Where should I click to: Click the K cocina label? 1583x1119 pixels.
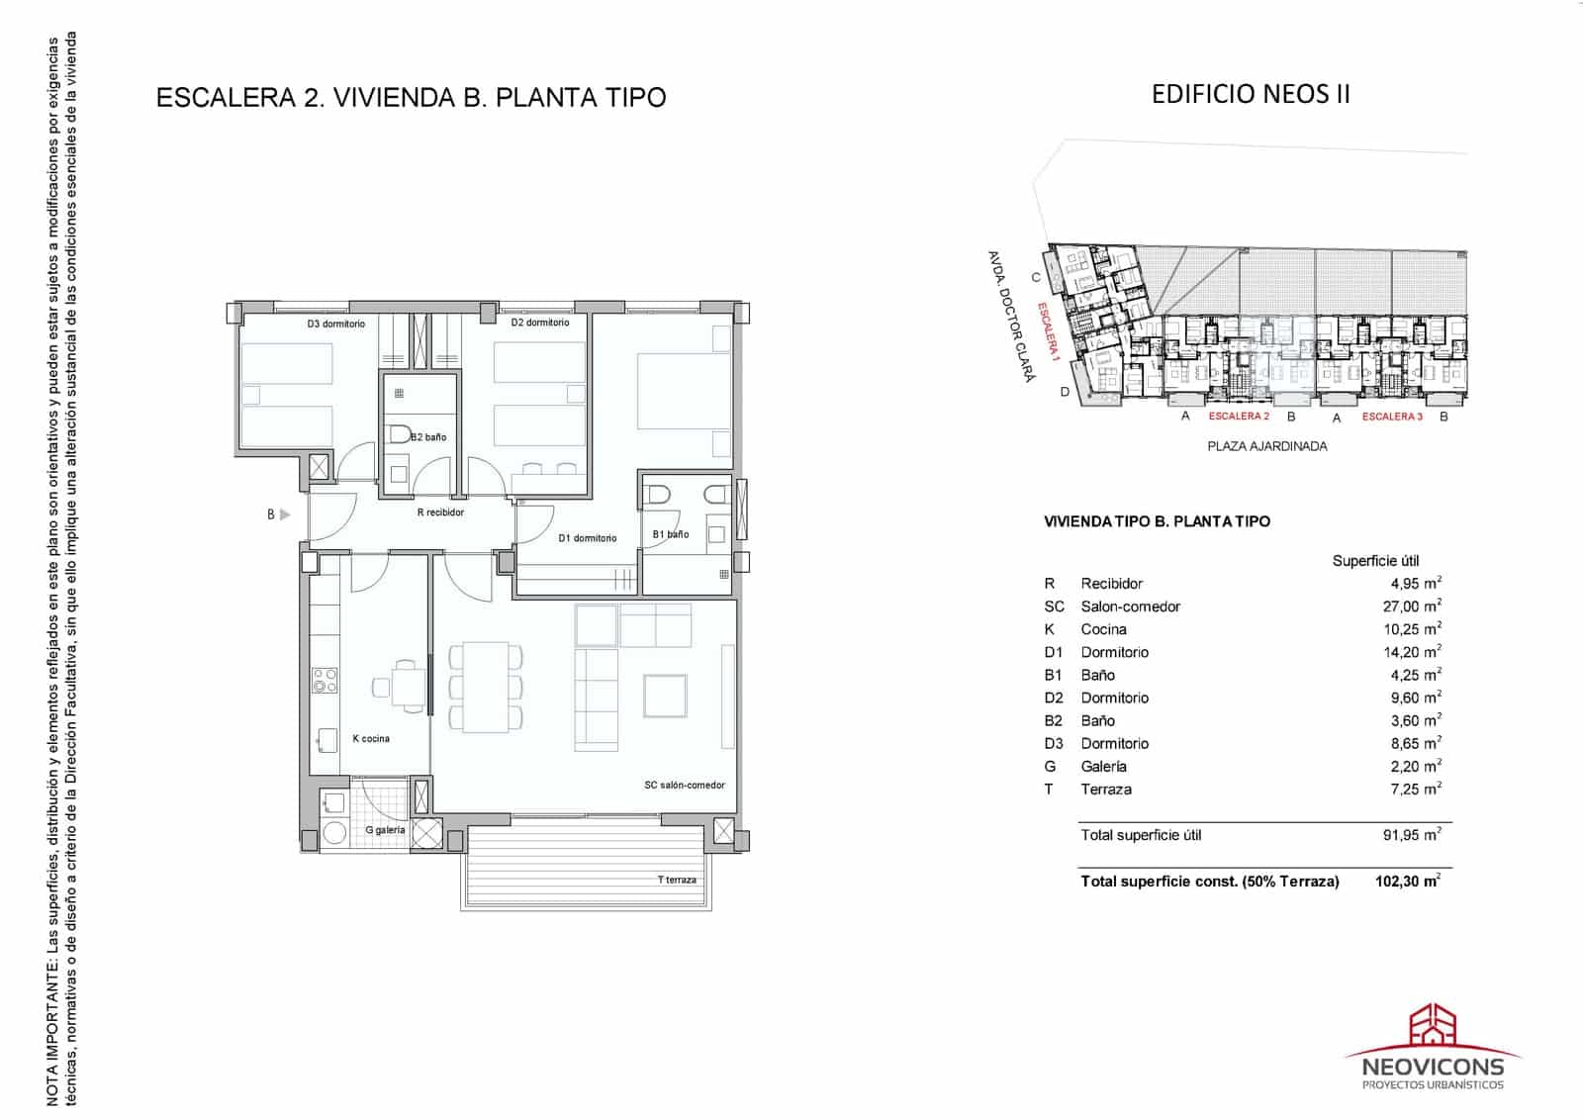[371, 738]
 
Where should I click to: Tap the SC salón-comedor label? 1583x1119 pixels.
[684, 785]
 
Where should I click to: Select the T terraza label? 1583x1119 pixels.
[677, 880]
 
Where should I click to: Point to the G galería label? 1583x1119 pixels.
[385, 830]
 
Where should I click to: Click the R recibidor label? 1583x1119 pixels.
[440, 513]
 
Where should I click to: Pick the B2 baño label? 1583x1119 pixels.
[428, 436]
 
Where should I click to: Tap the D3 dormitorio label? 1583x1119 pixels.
[335, 324]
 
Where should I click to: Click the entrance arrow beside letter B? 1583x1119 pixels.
[285, 514]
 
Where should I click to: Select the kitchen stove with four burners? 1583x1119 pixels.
[325, 680]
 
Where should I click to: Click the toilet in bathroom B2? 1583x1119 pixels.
[400, 433]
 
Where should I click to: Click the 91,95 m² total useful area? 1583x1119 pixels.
[1412, 835]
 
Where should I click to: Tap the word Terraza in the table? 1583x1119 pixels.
[1106, 789]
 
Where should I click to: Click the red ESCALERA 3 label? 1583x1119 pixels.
[1392, 417]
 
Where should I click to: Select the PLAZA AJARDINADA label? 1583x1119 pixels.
[1267, 446]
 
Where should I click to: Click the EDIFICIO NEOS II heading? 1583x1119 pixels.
[1251, 94]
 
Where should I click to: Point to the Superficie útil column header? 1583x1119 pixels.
[1375, 561]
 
